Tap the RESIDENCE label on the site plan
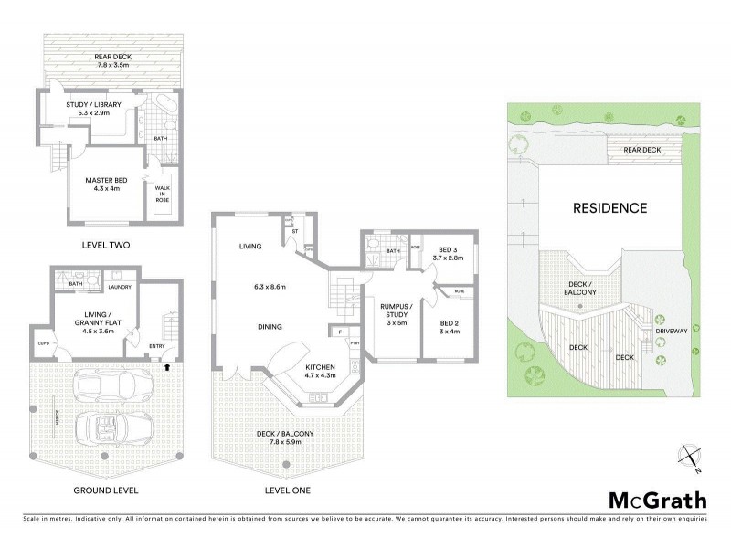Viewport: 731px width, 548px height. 609,208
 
